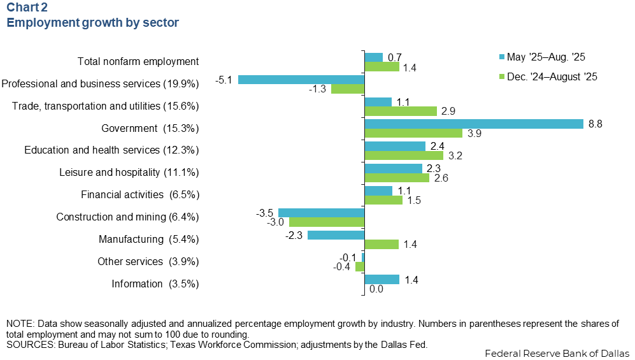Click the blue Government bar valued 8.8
473,124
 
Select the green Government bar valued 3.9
413,133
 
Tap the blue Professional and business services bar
301,80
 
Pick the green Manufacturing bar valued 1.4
381,244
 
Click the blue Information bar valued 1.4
381,279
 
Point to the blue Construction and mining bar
321,212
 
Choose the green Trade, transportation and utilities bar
400,111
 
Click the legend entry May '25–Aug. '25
545,57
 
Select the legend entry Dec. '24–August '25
552,76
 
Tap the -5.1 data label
225,80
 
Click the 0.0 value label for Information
376,289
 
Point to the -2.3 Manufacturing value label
294,234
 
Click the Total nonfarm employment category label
138,62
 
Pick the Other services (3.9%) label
148,261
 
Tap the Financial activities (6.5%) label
139,194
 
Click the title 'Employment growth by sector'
92,23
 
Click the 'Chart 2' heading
26,8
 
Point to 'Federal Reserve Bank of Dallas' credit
557,353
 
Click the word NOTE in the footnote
19,324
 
